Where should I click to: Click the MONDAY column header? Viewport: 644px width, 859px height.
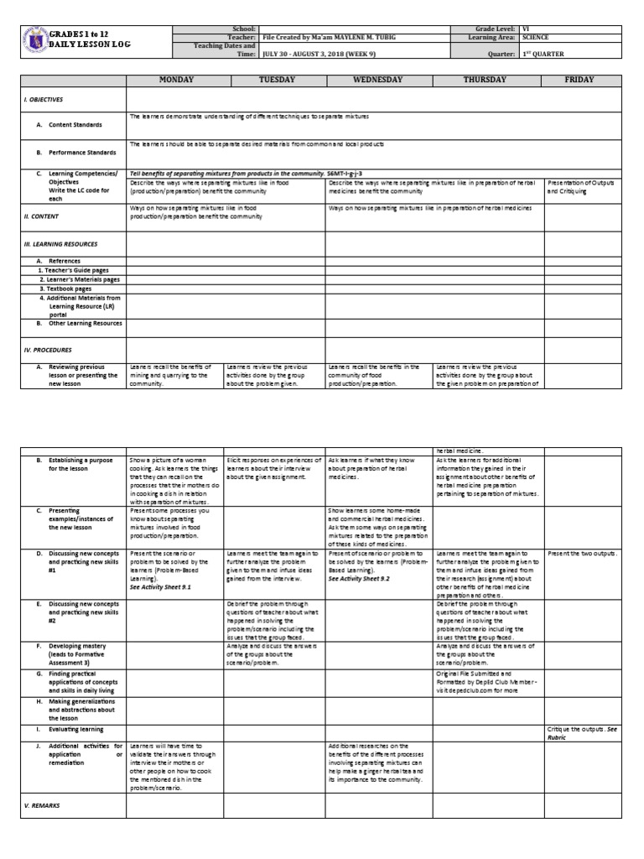point(174,80)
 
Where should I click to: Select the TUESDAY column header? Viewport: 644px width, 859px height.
point(273,80)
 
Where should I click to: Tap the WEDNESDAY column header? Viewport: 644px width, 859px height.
point(378,80)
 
